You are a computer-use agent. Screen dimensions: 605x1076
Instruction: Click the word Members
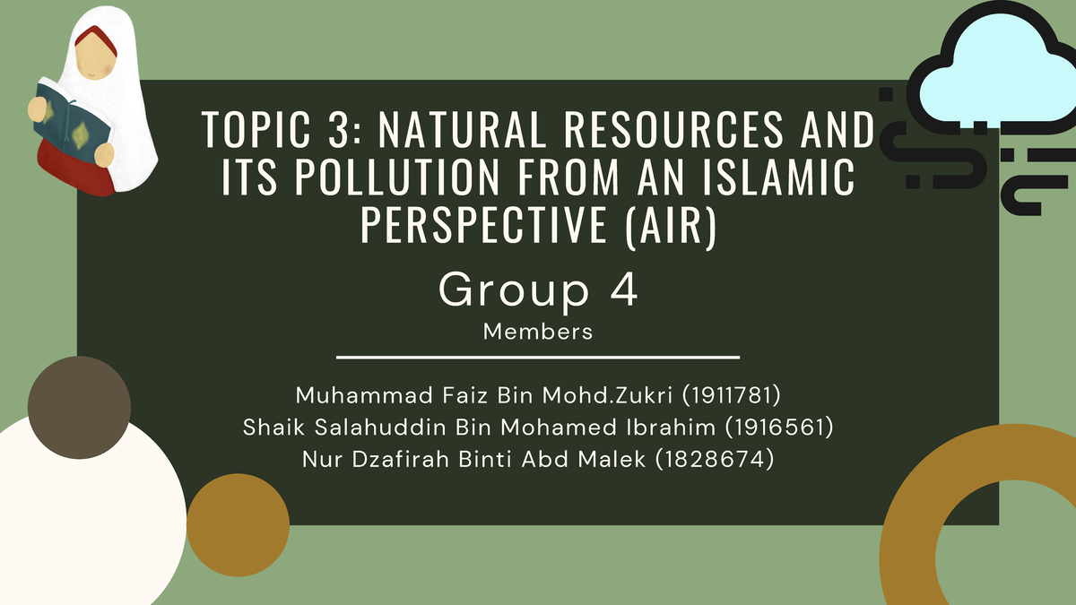(x=538, y=332)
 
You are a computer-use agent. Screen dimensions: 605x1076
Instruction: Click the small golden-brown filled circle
(x=238, y=525)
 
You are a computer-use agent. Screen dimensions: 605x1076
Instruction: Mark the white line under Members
(x=538, y=358)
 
